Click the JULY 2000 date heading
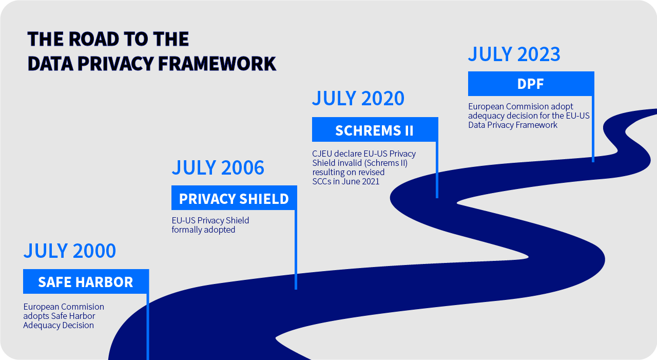[69, 251]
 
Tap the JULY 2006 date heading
[218, 167]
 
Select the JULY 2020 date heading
[358, 98]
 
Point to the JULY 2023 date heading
[514, 54]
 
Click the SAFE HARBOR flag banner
[86, 281]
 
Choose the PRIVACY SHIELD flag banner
[234, 198]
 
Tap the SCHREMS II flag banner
[375, 129]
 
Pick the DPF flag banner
[531, 84]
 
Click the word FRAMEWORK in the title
[217, 64]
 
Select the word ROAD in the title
[94, 39]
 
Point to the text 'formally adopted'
[203, 230]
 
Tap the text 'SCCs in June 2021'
[346, 181]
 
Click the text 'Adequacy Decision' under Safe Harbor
[59, 326]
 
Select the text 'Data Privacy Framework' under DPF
[513, 125]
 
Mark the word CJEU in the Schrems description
[322, 154]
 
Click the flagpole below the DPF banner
[593, 129]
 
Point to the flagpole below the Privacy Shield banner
[296, 250]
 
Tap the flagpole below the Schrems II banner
[437, 170]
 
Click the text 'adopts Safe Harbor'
[59, 316]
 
